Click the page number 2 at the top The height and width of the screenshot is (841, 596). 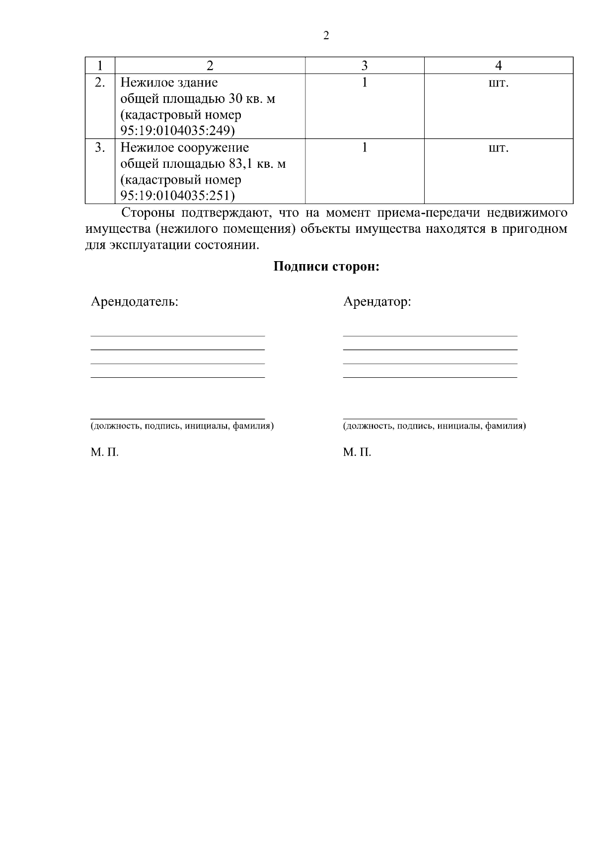pyautogui.click(x=326, y=36)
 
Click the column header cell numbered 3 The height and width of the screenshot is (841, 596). pyautogui.click(x=365, y=66)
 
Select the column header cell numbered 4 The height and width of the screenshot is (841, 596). pyautogui.click(x=499, y=66)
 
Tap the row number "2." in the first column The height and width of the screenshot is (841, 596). pyautogui.click(x=100, y=82)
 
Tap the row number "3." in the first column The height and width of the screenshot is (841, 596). pyautogui.click(x=100, y=147)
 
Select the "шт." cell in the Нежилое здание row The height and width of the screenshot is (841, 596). pyautogui.click(x=499, y=83)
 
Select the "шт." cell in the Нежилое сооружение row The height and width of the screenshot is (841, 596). pyautogui.click(x=499, y=148)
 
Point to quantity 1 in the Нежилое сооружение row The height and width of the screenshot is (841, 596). pyautogui.click(x=365, y=147)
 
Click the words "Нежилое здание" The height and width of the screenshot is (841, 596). pyautogui.click(x=169, y=82)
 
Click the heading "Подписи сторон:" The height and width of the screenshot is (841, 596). pyautogui.click(x=326, y=267)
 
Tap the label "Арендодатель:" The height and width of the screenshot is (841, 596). pyautogui.click(x=134, y=301)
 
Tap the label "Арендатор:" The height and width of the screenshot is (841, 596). pyautogui.click(x=377, y=301)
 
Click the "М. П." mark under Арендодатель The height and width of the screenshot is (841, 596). pyautogui.click(x=104, y=452)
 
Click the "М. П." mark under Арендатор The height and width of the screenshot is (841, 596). pyautogui.click(x=357, y=452)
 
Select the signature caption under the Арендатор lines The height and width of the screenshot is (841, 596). pyautogui.click(x=434, y=426)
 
